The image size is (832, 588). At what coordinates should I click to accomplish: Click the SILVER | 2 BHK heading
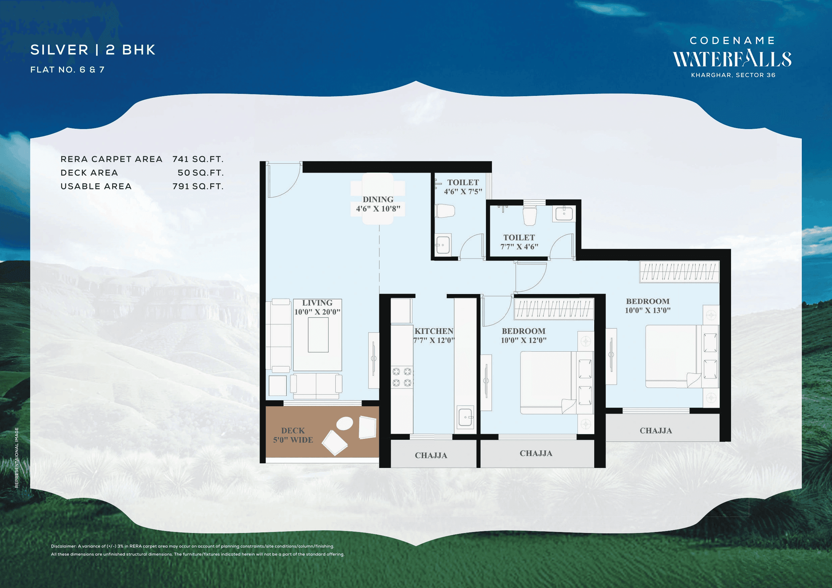(x=93, y=50)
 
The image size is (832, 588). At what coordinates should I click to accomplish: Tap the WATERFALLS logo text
(x=732, y=59)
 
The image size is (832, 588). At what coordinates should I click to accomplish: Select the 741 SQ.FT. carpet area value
(x=198, y=159)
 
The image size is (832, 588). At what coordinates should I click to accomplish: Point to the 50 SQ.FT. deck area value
(x=201, y=173)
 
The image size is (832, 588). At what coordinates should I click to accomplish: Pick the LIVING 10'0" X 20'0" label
(x=317, y=307)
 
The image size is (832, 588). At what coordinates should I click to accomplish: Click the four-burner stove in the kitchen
(x=402, y=377)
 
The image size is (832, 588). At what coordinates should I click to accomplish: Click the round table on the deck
(x=344, y=423)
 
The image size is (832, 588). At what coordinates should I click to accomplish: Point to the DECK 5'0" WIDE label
(x=293, y=435)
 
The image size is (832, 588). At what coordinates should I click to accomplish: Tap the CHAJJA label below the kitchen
(x=431, y=455)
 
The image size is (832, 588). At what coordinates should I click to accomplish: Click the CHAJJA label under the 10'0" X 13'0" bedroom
(x=656, y=430)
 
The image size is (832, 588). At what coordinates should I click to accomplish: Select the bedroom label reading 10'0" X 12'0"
(x=523, y=335)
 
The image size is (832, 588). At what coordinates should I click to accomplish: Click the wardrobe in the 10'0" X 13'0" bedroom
(x=679, y=272)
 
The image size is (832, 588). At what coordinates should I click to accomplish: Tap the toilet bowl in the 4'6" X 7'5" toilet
(x=445, y=211)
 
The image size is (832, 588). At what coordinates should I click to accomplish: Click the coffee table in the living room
(x=318, y=335)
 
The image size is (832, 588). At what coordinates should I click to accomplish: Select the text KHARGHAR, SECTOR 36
(x=733, y=75)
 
